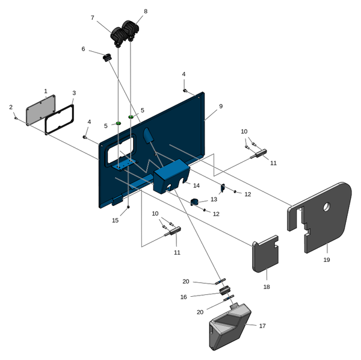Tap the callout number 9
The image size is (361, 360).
click(x=221, y=106)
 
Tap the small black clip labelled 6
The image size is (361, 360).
click(x=108, y=58)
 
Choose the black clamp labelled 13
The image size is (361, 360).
click(x=195, y=201)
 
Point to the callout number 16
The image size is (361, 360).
click(x=184, y=297)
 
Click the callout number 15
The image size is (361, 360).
click(x=116, y=220)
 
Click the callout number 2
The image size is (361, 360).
click(x=11, y=107)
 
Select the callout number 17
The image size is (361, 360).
click(x=262, y=326)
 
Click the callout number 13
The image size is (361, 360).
click(x=214, y=199)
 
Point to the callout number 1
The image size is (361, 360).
click(x=46, y=91)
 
